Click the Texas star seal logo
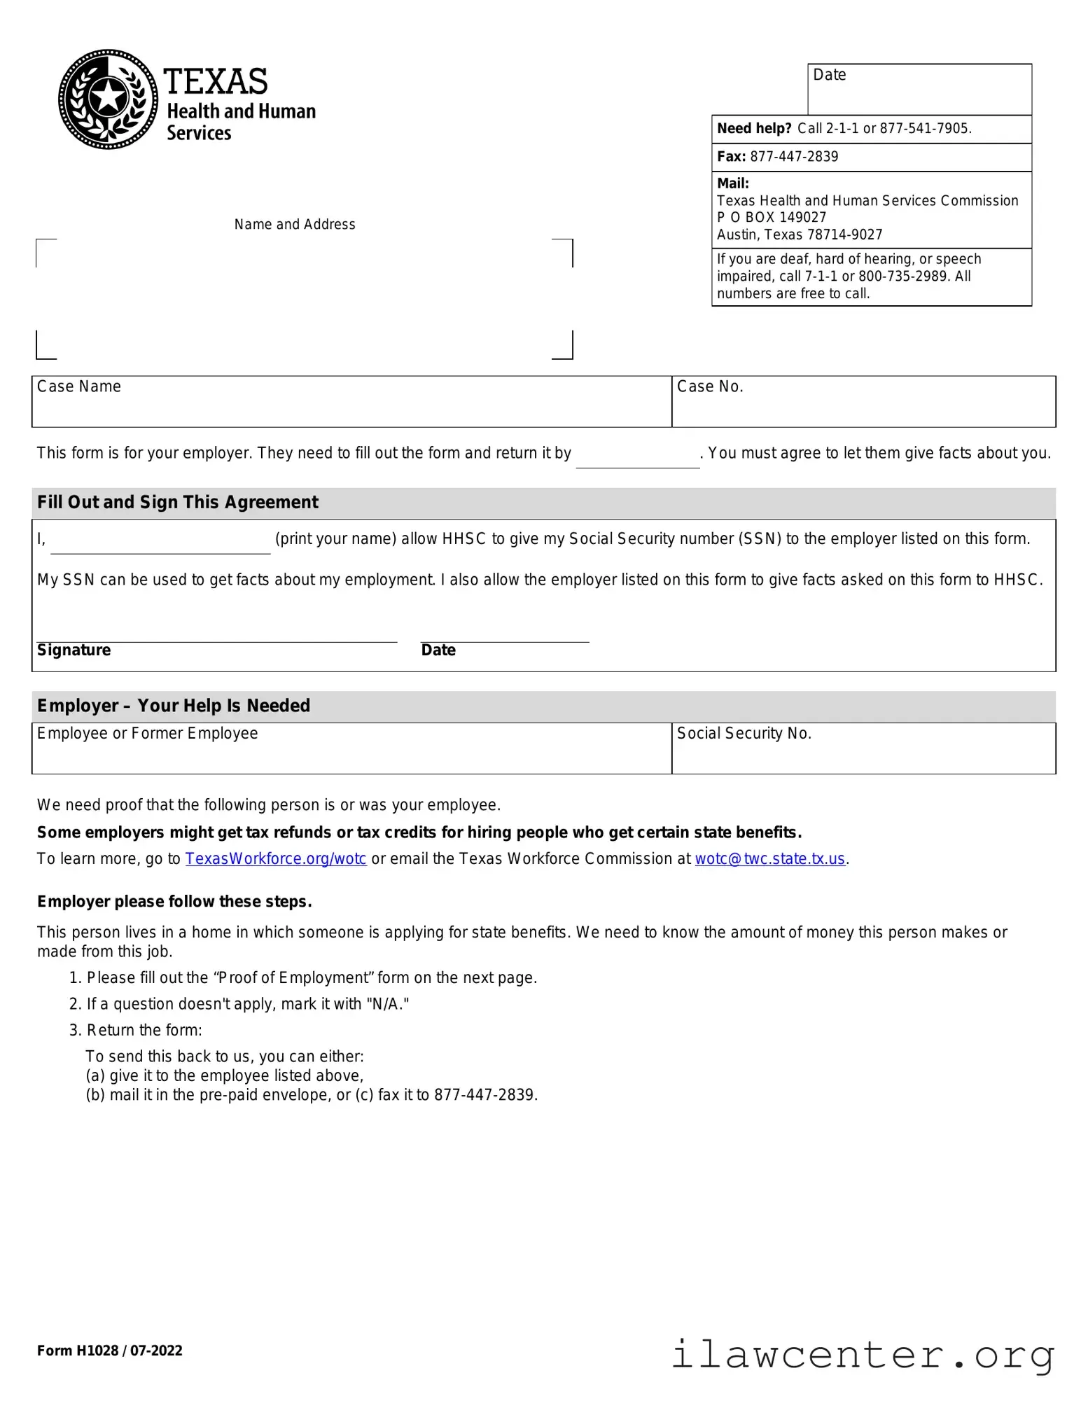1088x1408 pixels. click(108, 99)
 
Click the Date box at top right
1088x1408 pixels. click(919, 90)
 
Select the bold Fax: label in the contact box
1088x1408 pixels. click(731, 157)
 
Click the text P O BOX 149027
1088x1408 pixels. click(772, 218)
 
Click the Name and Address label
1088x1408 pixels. click(295, 225)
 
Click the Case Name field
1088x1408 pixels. click(351, 402)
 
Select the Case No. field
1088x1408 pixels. click(863, 402)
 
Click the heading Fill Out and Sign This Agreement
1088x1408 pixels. click(178, 503)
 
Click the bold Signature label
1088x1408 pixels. click(74, 650)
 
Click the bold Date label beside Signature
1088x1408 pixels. click(438, 650)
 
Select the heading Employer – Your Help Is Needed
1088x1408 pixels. click(174, 706)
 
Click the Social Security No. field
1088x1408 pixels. click(863, 749)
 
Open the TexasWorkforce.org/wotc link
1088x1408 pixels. click(276, 859)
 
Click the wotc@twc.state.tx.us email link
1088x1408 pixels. click(770, 859)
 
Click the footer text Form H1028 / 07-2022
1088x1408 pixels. click(110, 1351)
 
